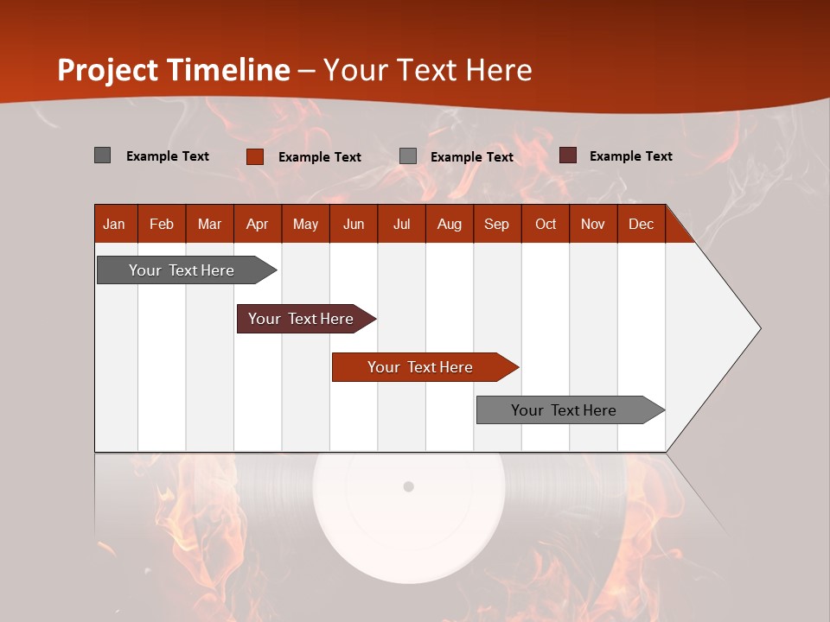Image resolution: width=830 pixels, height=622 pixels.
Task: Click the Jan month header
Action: [x=115, y=224]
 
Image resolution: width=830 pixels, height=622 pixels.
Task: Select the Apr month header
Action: [x=258, y=224]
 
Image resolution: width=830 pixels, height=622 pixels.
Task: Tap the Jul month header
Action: [x=402, y=224]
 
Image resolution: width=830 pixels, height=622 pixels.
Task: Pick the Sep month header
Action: [x=497, y=224]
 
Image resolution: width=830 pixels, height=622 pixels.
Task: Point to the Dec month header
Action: [x=642, y=224]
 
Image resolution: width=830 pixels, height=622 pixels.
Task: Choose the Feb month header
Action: [x=162, y=224]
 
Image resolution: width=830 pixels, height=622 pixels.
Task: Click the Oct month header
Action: [x=546, y=224]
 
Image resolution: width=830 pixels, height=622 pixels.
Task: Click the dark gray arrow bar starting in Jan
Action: [x=182, y=270]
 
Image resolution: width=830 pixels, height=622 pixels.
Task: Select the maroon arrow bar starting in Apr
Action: [x=302, y=319]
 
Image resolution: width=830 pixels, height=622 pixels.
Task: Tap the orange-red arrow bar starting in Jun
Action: [x=421, y=367]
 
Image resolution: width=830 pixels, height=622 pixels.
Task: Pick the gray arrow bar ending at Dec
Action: [x=565, y=410]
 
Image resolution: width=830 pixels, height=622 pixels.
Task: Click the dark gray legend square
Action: [x=103, y=155]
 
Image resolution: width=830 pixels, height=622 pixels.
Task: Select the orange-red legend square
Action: [x=255, y=156]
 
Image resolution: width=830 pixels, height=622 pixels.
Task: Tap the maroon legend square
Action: [x=568, y=155]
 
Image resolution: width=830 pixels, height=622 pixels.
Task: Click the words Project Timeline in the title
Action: [x=174, y=70]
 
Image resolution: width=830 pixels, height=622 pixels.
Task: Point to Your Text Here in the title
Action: [x=428, y=70]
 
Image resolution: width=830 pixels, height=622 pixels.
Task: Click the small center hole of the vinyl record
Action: [x=409, y=486]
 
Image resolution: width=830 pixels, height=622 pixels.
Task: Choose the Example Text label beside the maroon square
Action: [x=631, y=156]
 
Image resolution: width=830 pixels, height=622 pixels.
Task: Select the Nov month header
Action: [x=593, y=224]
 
